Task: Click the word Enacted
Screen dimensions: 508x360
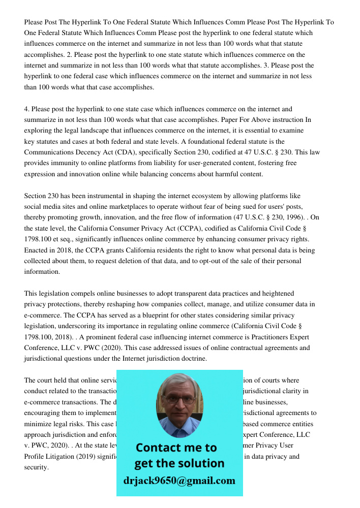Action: pyautogui.click(x=38, y=250)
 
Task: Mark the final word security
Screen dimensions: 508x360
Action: pyautogui.click(x=36, y=467)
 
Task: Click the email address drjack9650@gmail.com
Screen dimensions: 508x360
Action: pyautogui.click(x=179, y=481)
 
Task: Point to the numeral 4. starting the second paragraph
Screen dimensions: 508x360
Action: pyautogui.click(x=27, y=109)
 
